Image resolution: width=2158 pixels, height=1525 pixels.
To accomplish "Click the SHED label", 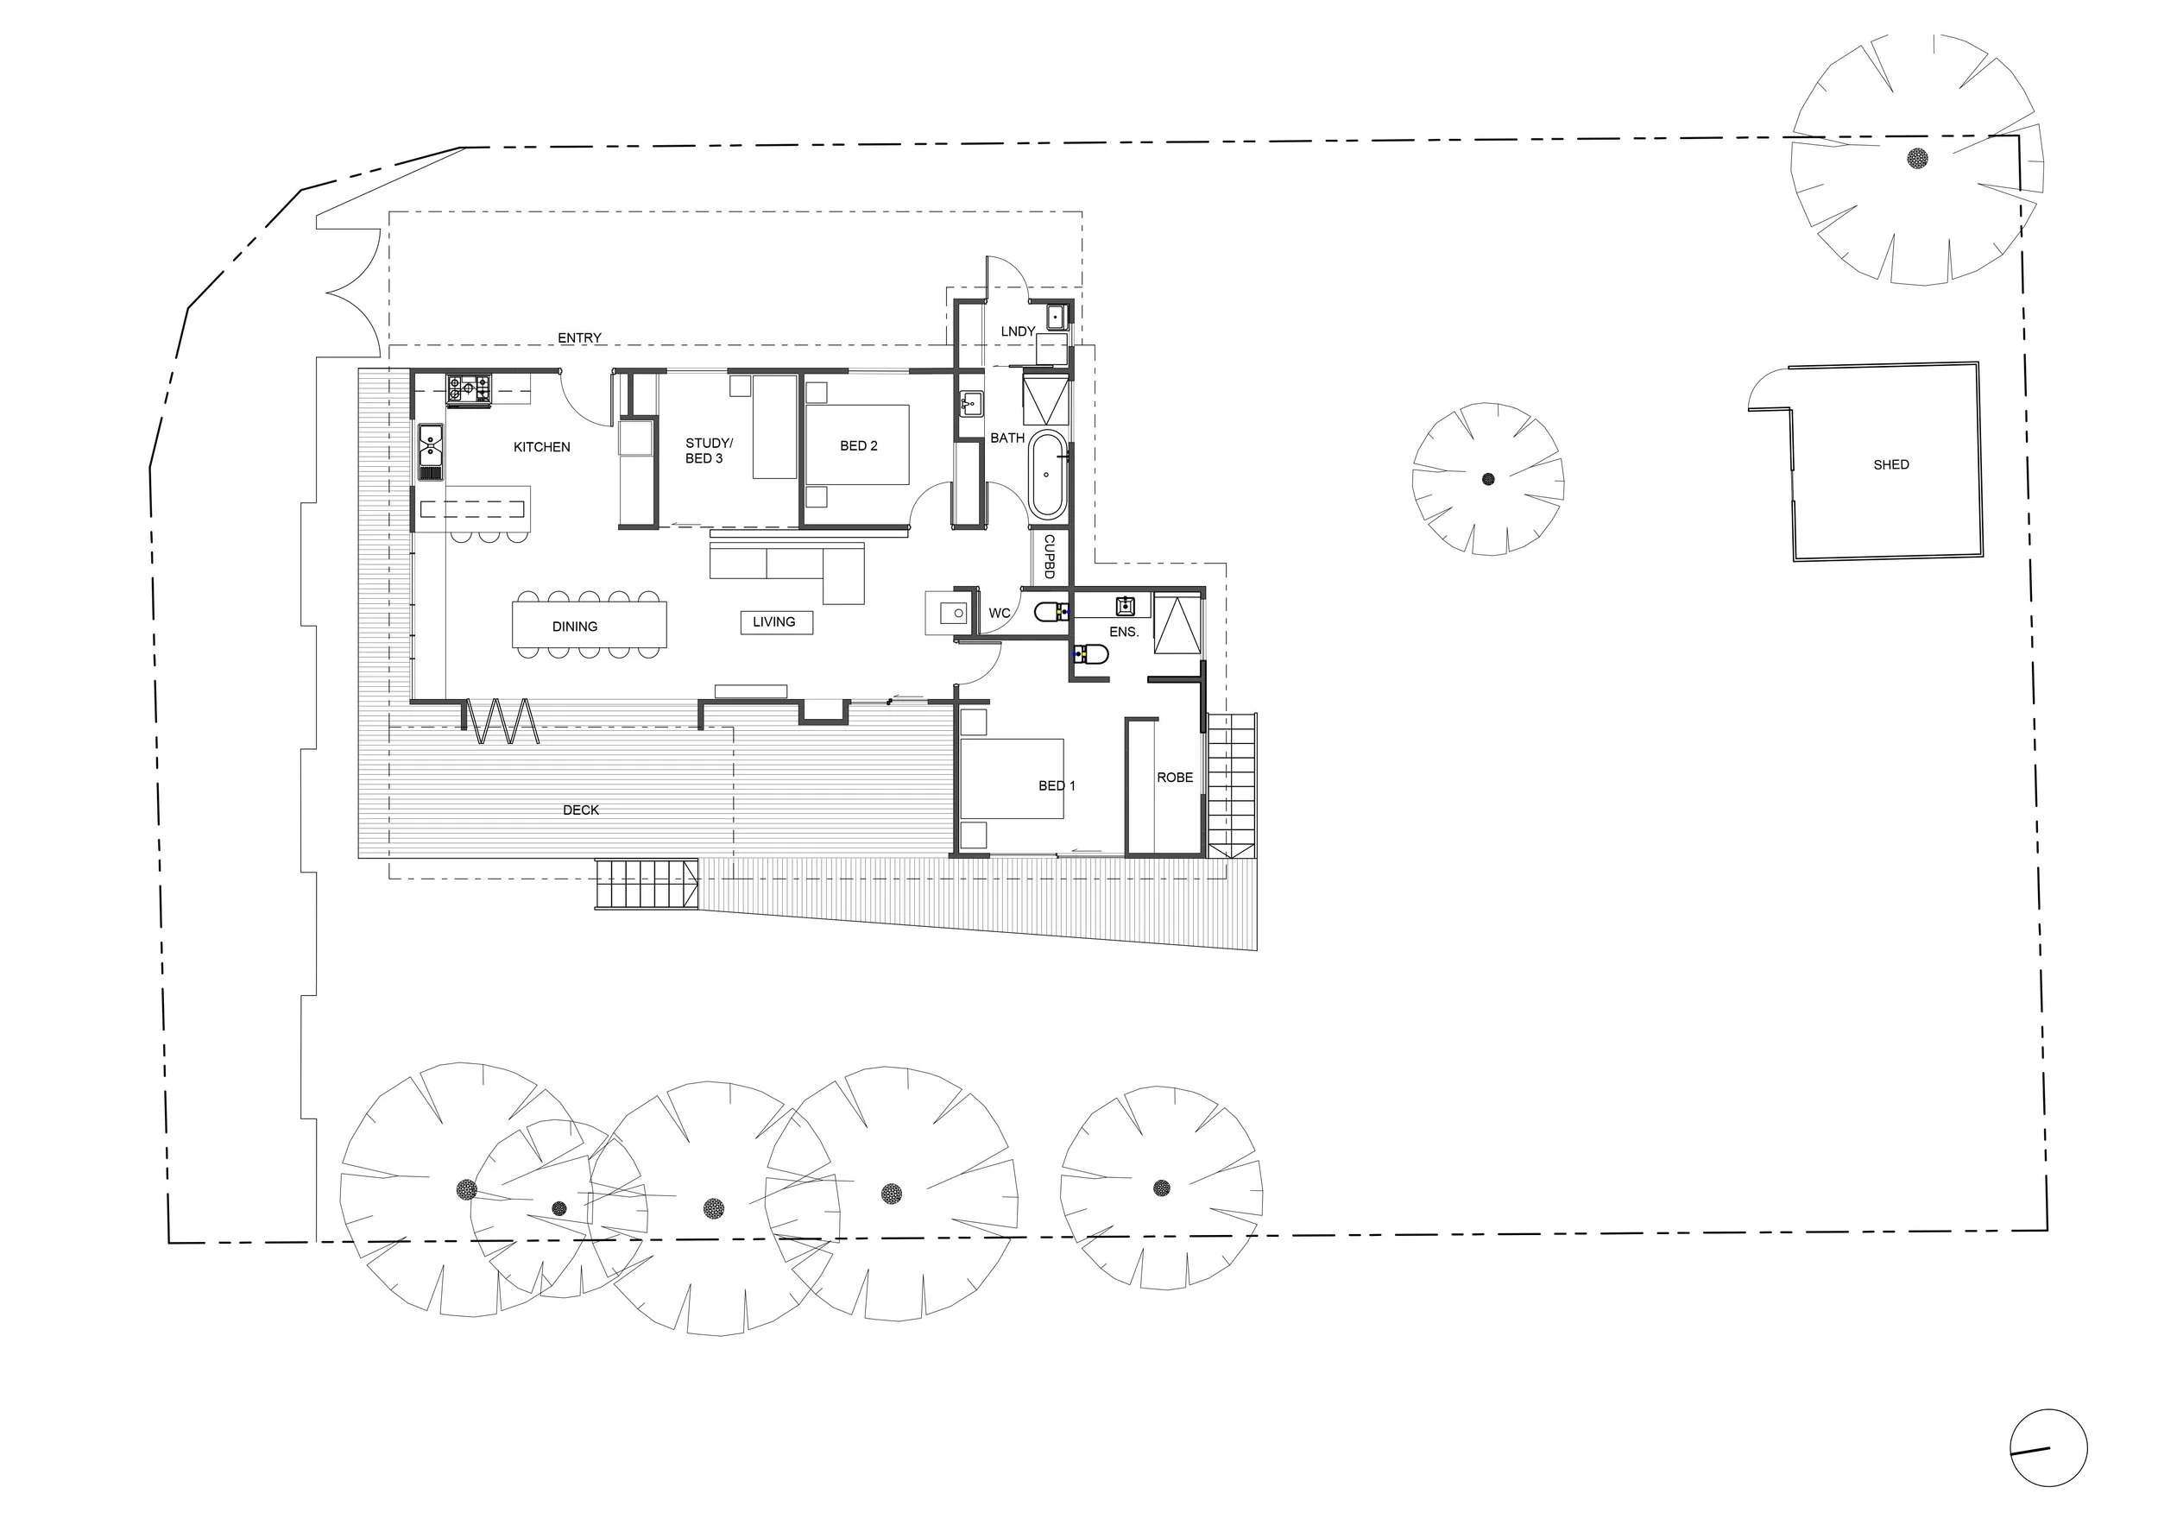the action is click(1891, 464).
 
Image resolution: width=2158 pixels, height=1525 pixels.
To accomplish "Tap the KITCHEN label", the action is click(541, 447).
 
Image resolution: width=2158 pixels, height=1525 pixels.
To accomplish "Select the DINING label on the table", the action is click(574, 627).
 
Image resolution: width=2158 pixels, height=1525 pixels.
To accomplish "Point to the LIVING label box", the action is click(775, 622).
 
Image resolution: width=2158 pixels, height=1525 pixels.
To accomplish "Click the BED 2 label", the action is click(858, 446).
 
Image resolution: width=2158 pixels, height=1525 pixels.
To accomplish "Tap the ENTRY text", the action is click(579, 338).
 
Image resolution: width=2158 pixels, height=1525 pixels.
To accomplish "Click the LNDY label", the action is click(1018, 331).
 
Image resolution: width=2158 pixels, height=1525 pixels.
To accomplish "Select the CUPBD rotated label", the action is click(1049, 557).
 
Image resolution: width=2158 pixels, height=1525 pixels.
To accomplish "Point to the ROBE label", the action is click(1175, 778).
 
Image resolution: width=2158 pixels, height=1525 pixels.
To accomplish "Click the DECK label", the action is click(581, 810).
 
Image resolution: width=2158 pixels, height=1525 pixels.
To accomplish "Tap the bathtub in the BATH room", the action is click(1046, 475).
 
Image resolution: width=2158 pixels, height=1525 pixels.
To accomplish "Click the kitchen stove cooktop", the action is click(468, 390).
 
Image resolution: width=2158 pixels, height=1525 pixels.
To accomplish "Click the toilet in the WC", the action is click(1051, 613).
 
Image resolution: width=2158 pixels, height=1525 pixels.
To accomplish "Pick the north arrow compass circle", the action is click(2049, 1448).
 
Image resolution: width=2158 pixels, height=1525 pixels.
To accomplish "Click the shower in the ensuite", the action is click(1177, 624).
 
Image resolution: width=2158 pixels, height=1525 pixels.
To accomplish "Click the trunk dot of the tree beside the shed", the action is click(1488, 479).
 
